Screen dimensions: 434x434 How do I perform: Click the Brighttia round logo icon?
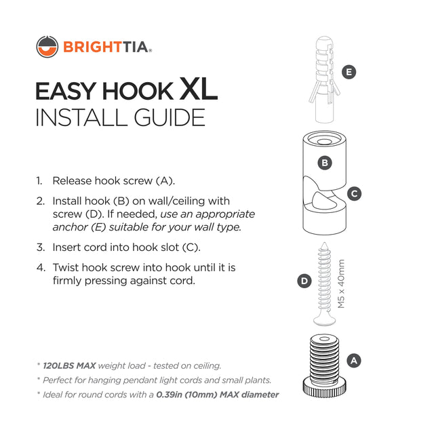point(47,47)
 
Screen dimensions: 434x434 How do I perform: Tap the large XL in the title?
point(198,89)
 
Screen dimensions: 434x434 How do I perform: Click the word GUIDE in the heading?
point(170,117)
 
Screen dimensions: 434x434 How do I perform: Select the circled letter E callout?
point(349,72)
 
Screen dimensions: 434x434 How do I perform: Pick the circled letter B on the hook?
point(325,163)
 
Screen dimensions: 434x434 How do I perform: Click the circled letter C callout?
point(354,194)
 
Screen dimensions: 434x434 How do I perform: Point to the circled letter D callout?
point(304,281)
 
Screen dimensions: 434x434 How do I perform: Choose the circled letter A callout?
point(354,361)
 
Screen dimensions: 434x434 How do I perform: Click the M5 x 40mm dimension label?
point(341,283)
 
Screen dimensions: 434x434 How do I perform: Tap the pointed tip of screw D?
point(324,243)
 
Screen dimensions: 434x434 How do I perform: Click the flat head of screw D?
point(324,321)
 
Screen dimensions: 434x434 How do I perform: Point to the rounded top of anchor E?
point(324,41)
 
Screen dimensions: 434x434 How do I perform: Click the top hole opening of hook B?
point(324,142)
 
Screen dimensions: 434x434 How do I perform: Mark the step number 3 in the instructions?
point(41,247)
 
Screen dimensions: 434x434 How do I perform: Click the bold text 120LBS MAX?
point(69,366)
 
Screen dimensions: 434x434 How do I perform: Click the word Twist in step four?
point(66,267)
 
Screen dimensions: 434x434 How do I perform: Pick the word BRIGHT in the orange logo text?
point(92,47)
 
